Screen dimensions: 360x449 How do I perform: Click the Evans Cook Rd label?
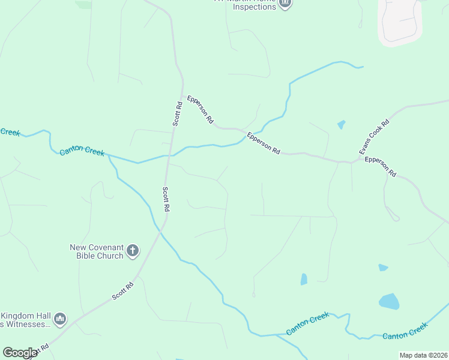[x=375, y=136]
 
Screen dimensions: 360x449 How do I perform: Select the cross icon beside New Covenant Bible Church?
[x=133, y=250]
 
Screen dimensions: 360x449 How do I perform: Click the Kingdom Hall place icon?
[x=60, y=319]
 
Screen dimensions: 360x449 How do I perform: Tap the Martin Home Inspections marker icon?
[x=286, y=3]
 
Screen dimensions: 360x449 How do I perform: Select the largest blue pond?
[x=388, y=301]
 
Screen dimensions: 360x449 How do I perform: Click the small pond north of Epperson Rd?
[x=342, y=125]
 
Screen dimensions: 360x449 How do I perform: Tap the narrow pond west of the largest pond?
[x=304, y=279]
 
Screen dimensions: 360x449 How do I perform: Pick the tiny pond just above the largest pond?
[x=383, y=268]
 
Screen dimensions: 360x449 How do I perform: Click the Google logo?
[x=20, y=353]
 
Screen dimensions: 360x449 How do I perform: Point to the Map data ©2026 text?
[x=423, y=355]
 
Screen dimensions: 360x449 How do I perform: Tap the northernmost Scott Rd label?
[x=178, y=113]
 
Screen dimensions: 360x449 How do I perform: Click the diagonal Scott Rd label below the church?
[x=123, y=292]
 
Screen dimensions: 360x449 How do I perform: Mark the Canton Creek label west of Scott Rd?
[x=82, y=151]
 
